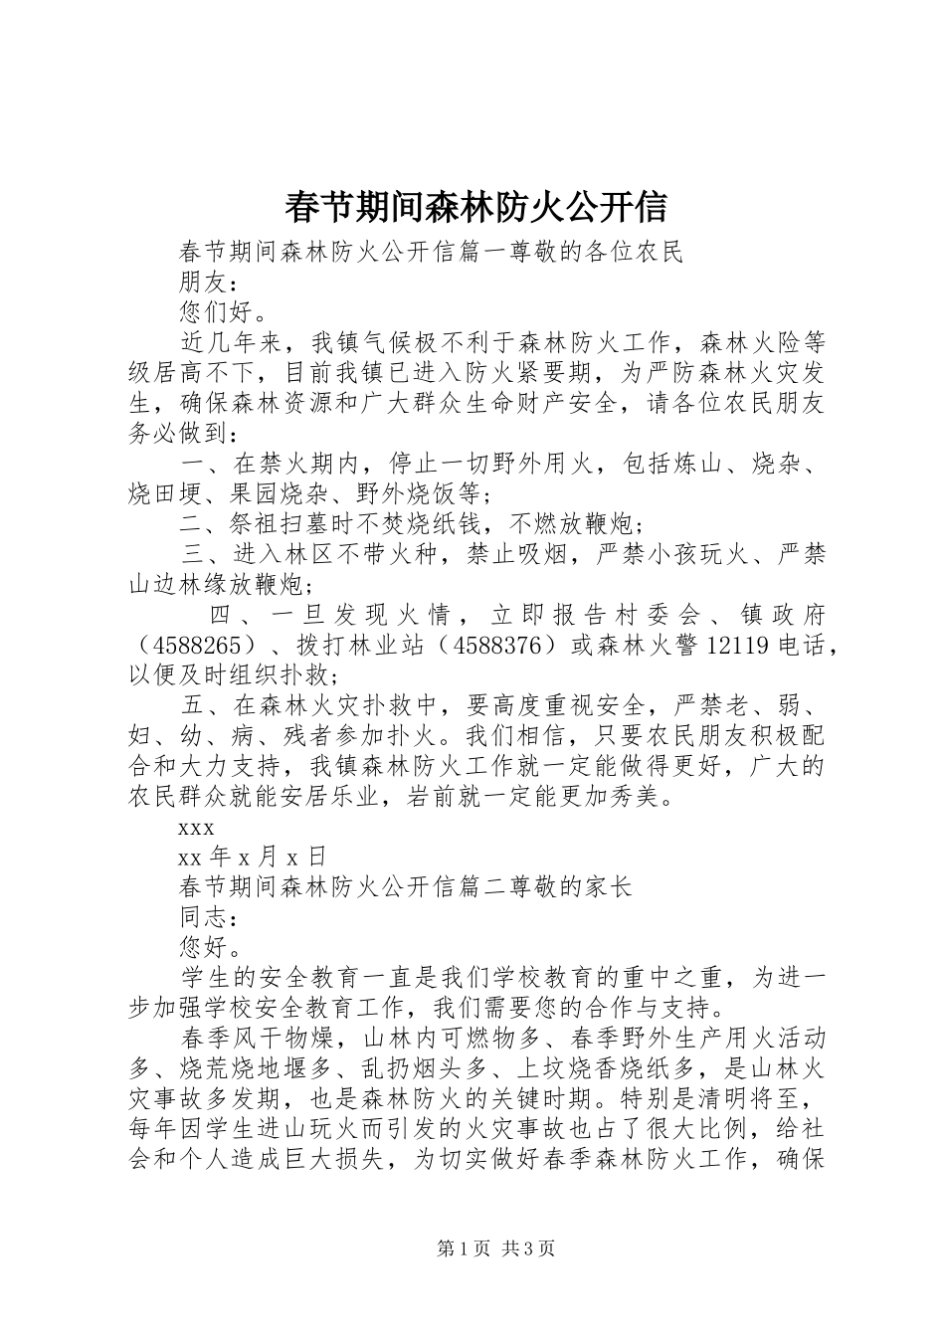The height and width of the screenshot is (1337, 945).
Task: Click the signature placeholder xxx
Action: (x=197, y=828)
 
